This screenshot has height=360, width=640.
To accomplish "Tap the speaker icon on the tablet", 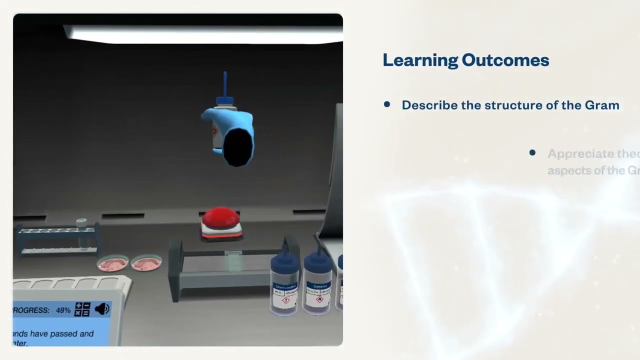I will (x=101, y=309).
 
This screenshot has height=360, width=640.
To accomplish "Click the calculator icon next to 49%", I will (x=82, y=309).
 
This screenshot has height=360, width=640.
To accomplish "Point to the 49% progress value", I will (x=63, y=310).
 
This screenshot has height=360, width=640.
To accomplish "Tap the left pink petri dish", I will (x=113, y=263).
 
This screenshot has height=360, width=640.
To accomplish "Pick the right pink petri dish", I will (x=146, y=262).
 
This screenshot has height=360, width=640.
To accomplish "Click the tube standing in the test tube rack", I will (x=81, y=232).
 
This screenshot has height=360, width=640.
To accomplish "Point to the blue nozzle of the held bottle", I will (x=225, y=84).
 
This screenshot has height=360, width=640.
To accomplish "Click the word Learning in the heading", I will (x=420, y=60).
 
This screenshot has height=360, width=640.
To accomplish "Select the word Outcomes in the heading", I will (x=505, y=60).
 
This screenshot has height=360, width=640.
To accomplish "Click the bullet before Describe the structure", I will (x=387, y=104).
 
